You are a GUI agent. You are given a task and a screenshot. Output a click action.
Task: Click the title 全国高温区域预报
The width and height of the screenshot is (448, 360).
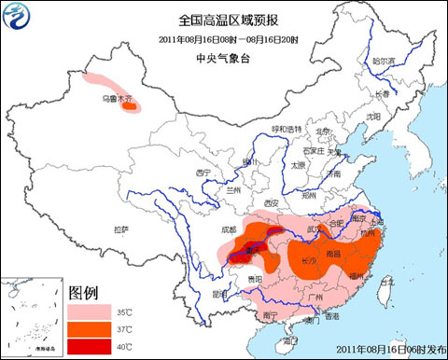click(224, 20)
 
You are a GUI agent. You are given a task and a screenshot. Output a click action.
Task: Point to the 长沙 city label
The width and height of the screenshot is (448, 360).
click(309, 260)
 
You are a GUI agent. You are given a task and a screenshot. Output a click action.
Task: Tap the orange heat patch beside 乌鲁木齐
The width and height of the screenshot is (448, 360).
click(131, 106)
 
